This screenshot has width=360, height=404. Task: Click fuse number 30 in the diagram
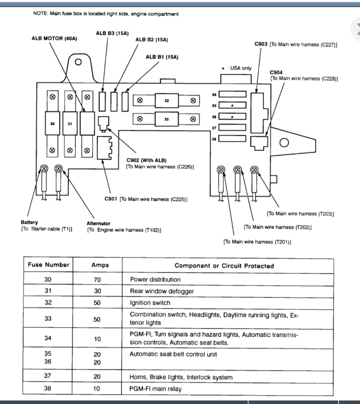point(53,124)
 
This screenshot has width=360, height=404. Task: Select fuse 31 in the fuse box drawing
point(69,124)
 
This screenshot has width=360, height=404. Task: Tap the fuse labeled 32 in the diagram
point(167,100)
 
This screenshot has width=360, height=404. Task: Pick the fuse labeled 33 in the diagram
point(167,119)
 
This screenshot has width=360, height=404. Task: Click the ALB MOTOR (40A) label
point(54,38)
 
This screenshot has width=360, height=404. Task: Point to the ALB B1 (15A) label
point(162,57)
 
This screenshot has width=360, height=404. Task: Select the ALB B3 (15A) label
point(112,33)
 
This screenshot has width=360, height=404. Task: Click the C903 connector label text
point(261,44)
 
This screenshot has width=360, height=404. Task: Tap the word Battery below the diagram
point(29,222)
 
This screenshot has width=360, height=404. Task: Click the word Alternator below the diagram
point(98,223)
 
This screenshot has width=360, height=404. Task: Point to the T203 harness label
point(300,214)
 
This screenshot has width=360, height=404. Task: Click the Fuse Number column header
point(49,265)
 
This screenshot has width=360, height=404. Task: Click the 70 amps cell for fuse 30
point(97,279)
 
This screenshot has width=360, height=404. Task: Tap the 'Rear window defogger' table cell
point(162,291)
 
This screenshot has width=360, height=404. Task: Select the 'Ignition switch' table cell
point(150,303)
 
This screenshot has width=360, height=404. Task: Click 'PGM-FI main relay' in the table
point(156,389)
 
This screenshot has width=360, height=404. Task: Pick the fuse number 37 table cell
point(48,377)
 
